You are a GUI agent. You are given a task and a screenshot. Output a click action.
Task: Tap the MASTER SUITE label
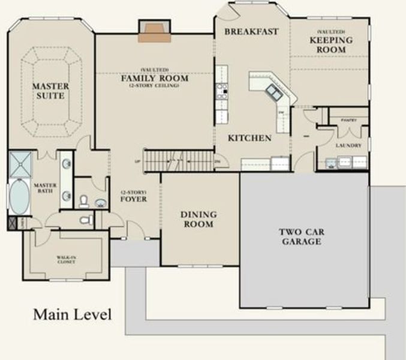point(50,91)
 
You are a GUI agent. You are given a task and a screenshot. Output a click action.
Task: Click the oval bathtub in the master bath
point(20,197)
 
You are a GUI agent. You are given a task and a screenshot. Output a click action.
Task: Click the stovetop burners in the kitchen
point(221,90)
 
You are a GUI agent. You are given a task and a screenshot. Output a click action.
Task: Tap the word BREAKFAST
point(251,31)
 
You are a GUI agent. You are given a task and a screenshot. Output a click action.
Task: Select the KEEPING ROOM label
point(331,44)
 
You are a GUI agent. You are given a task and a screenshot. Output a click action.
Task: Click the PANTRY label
point(348,120)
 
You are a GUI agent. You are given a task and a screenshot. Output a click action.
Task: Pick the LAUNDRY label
point(348,145)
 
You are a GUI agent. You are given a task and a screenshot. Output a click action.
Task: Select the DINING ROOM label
point(199,220)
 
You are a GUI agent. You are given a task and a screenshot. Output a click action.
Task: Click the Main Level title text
point(72,314)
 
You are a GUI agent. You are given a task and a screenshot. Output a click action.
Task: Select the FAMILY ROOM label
point(154,79)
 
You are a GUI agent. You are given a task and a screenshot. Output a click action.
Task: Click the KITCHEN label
point(250,138)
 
